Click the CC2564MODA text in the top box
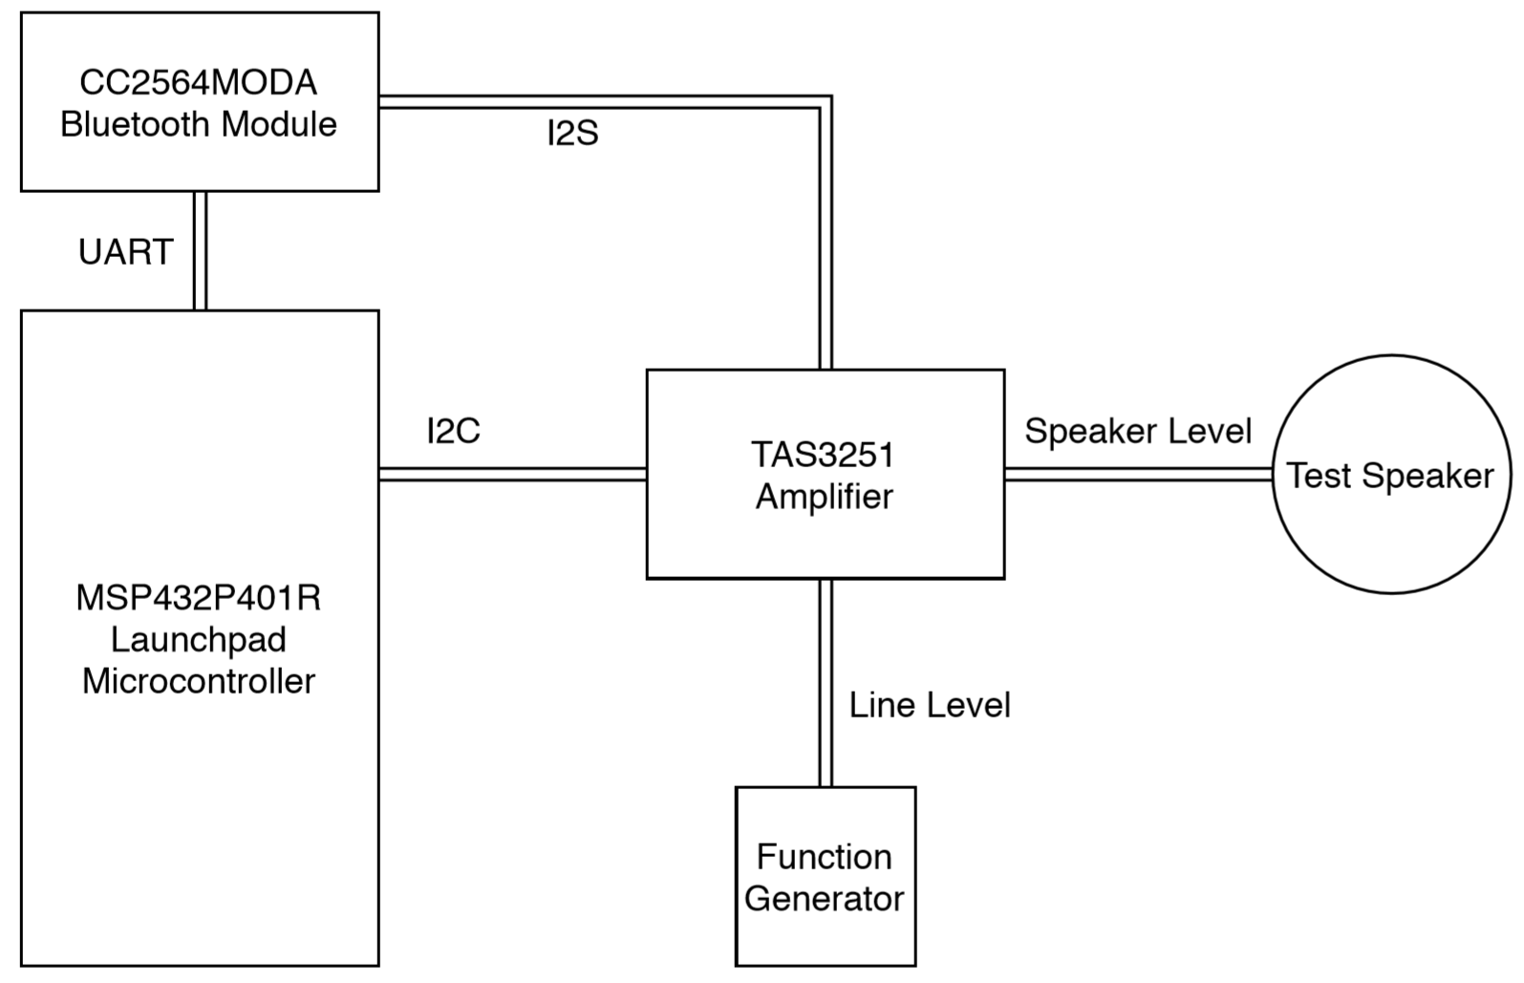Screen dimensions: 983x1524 [198, 83]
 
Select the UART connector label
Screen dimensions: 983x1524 [125, 252]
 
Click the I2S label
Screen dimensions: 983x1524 [572, 134]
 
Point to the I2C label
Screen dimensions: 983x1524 [453, 432]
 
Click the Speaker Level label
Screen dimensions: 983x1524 [1137, 432]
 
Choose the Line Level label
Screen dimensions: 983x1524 [929, 706]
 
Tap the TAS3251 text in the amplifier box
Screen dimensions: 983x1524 [823, 455]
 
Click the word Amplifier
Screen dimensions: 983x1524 [825, 497]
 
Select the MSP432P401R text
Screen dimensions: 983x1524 [199, 598]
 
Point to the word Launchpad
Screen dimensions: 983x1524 [199, 639]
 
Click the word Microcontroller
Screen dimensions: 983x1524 [199, 681]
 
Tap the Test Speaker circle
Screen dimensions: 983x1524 [1390, 516]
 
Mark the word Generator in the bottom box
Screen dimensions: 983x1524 [825, 899]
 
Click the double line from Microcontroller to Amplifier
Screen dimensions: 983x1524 [512, 474]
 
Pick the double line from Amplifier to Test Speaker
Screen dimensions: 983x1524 [1137, 474]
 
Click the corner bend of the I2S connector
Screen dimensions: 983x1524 [825, 102]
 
